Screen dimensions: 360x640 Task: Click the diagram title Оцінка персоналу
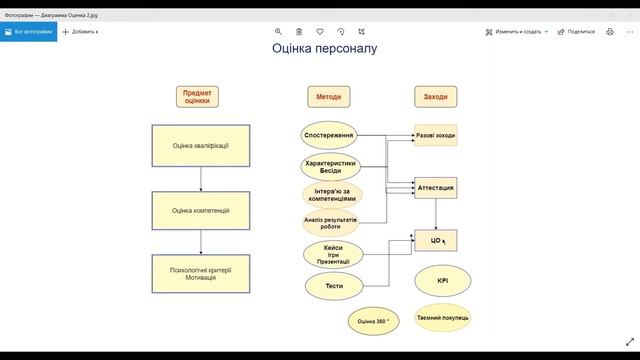325,48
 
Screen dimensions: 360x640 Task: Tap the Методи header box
329,97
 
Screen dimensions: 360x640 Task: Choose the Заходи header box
436,97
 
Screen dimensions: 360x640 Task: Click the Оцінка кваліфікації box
201,146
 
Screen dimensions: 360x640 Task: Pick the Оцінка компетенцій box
201,210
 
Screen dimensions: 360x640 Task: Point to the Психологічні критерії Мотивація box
201,274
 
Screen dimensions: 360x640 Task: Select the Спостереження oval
329,134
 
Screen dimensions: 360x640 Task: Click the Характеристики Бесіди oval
329,165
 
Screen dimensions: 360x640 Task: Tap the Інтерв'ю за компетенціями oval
329,194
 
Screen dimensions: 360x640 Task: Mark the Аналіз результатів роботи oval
329,222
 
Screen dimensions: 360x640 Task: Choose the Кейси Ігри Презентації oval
329,253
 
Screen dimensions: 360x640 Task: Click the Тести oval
334,285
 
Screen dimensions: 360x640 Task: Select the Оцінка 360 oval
374,321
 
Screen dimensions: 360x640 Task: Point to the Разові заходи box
436,135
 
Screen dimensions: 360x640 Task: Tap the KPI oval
443,280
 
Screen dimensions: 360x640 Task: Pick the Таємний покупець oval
443,317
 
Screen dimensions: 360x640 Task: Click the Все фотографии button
28,31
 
